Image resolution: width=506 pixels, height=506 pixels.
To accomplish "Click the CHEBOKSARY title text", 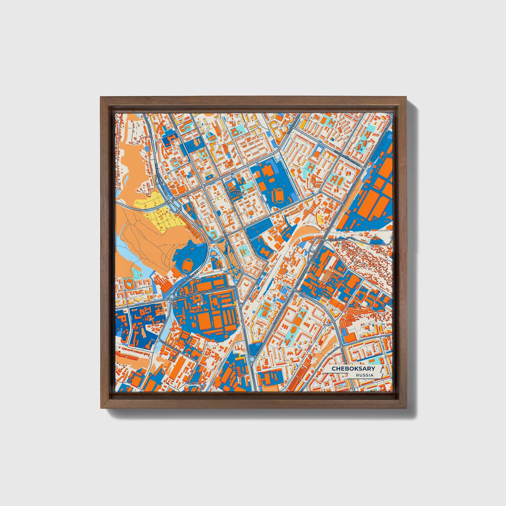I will (353, 368).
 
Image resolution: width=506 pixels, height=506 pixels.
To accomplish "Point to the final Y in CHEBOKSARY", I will (373, 368).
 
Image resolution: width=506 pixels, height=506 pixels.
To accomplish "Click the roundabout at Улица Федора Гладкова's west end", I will (172, 296).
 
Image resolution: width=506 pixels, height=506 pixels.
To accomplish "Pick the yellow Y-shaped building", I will (139, 299).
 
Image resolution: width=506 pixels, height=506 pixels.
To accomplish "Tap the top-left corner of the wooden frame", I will (101, 97).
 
